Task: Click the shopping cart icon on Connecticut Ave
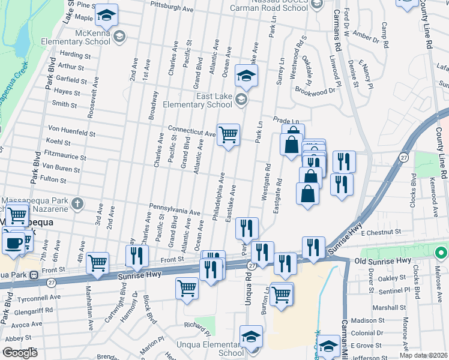point(228,134)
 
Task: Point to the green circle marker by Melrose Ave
point(442,252)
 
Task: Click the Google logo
point(20,353)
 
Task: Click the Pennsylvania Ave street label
point(175,210)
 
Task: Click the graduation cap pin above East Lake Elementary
point(246,75)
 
